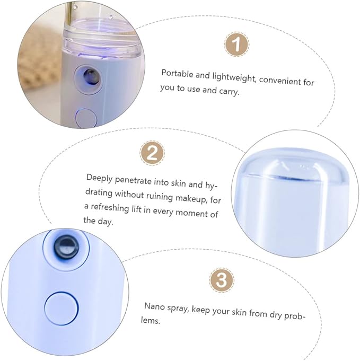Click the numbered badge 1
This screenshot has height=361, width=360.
point(236,44)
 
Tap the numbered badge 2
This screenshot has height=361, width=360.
point(152,153)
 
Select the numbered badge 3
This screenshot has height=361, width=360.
point(222,280)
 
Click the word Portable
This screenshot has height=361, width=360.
point(178,74)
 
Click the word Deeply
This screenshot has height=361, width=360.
point(100,179)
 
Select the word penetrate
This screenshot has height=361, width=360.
point(133,181)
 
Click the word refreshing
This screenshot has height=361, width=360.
point(110,207)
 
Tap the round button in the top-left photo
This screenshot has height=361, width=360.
point(86,118)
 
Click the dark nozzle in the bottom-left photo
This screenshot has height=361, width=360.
point(66,246)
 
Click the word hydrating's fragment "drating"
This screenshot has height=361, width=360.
point(99,193)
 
